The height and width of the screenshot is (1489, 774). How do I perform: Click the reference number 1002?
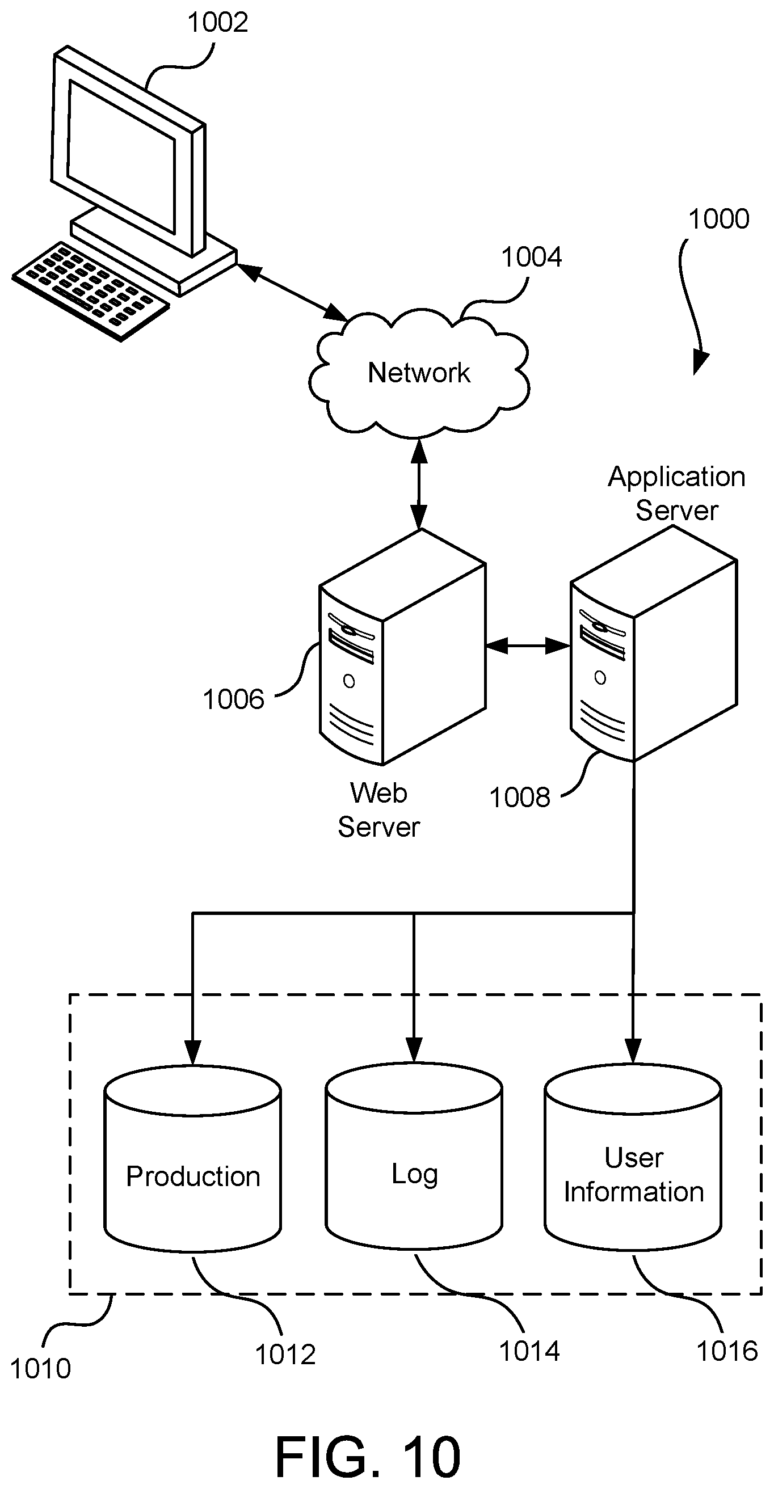[x=218, y=23]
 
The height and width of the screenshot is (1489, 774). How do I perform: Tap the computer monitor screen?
[x=121, y=155]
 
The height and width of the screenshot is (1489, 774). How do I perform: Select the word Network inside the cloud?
[x=419, y=373]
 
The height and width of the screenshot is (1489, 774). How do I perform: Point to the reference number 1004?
[x=531, y=257]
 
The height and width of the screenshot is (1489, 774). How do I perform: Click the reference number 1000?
[x=718, y=219]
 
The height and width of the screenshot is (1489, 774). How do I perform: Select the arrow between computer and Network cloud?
[x=292, y=293]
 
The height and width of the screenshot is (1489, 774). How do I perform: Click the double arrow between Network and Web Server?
[x=419, y=484]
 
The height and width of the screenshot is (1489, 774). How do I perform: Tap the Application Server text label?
[x=676, y=493]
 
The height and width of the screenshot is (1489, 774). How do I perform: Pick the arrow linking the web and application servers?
[x=528, y=646]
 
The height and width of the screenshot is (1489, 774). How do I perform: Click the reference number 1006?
[x=234, y=699]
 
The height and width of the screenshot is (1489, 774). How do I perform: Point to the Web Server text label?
[x=378, y=810]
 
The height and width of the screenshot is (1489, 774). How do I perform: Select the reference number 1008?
[x=520, y=798]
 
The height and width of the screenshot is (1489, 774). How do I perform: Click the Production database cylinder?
[x=192, y=1159]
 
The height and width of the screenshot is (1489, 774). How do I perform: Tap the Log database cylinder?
[x=414, y=1157]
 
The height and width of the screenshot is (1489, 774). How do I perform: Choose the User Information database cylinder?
[x=633, y=1157]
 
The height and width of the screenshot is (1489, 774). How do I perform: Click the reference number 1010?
[x=40, y=1369]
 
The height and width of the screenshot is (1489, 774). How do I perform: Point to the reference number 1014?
[x=529, y=1351]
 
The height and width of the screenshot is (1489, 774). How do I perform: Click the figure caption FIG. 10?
[x=368, y=1457]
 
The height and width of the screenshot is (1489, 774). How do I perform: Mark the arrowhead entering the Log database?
[x=414, y=1051]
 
